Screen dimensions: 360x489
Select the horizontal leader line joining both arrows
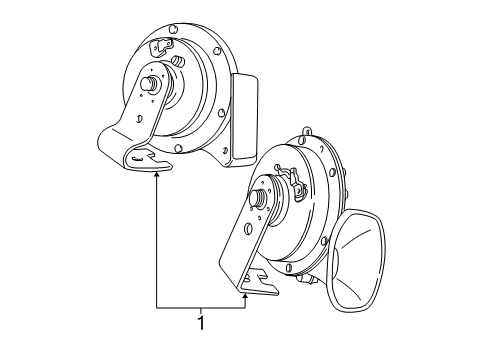tap(200, 307)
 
